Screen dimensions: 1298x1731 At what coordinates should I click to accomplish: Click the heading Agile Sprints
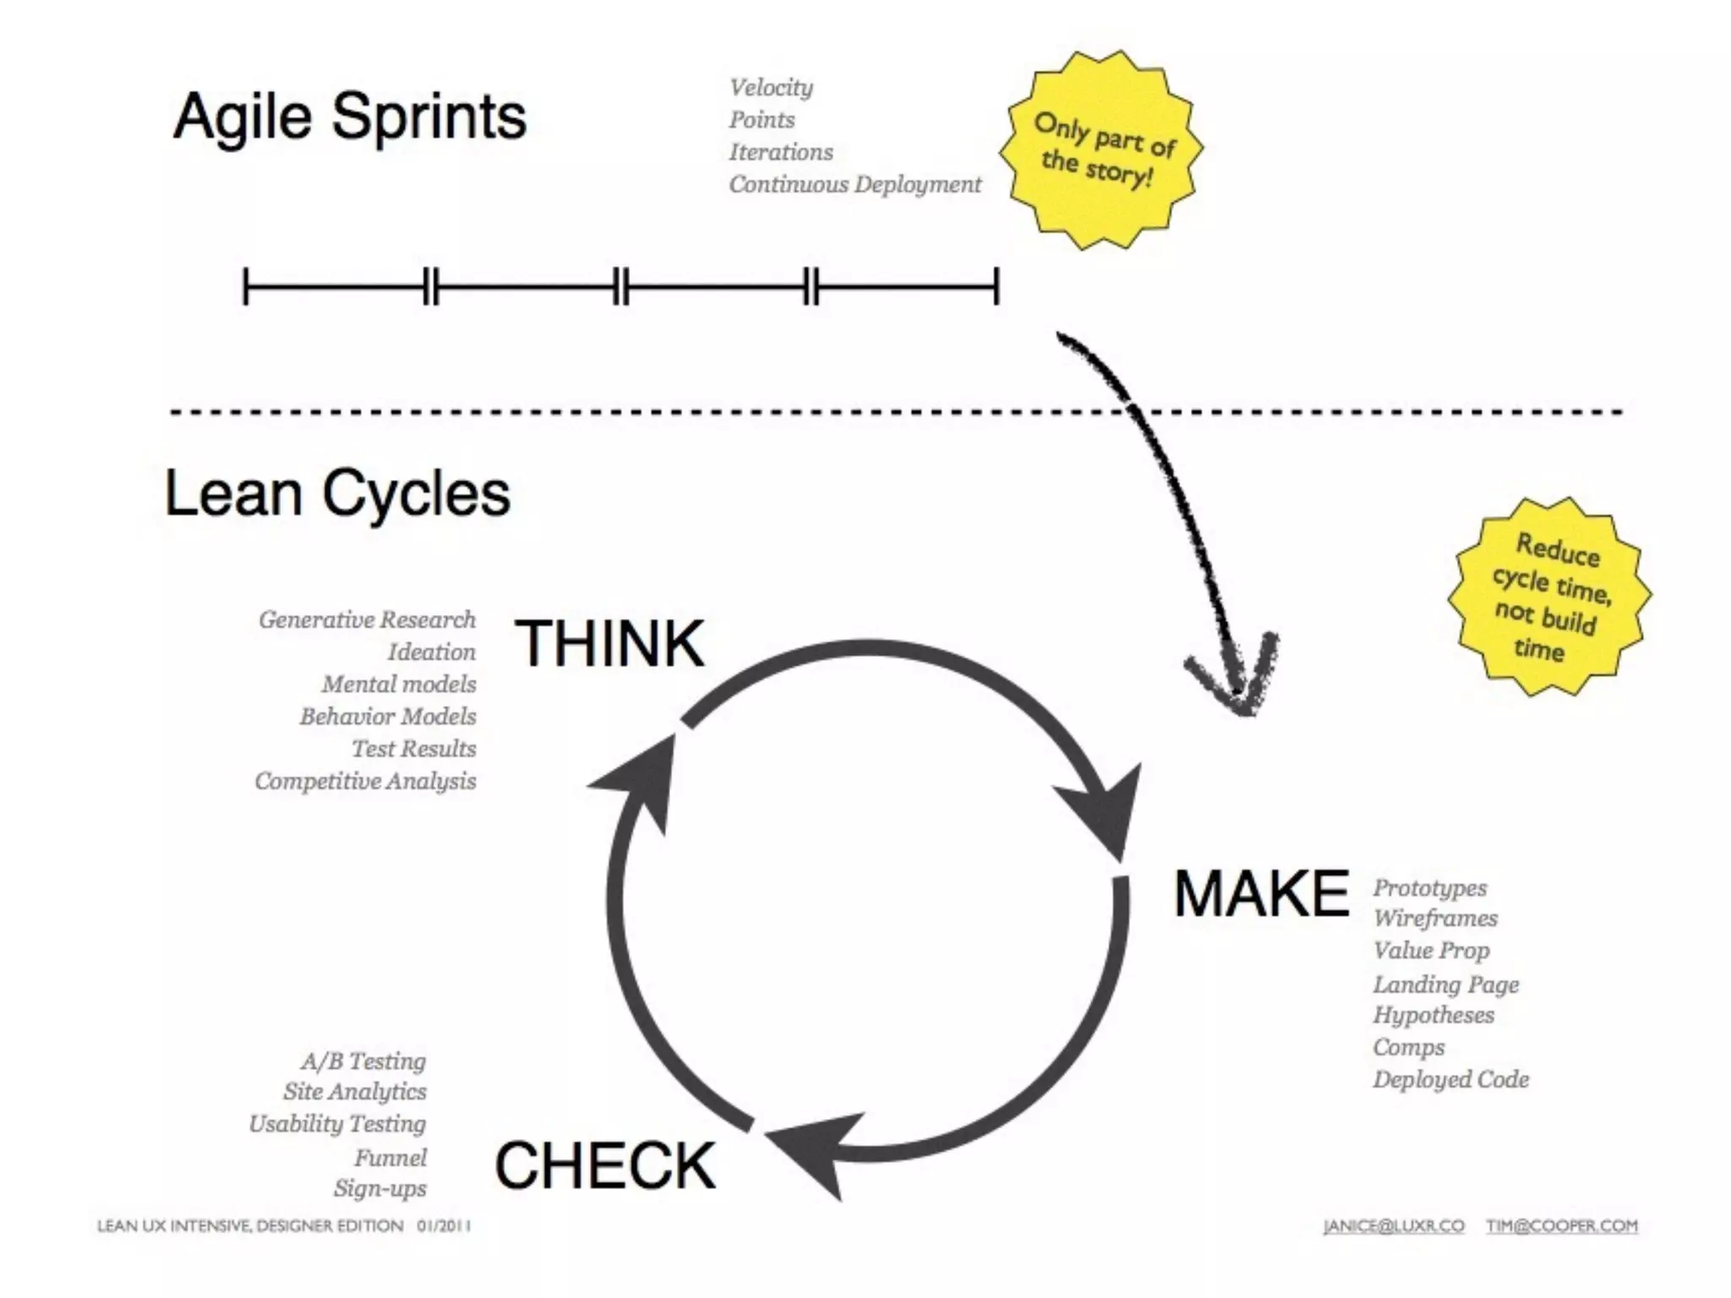[349, 117]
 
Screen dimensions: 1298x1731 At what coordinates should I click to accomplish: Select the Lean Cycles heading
[337, 494]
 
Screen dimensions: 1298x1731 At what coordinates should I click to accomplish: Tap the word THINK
[609, 644]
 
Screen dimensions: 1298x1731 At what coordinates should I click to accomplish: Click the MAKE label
[1261, 894]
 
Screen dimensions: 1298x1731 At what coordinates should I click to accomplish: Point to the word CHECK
[605, 1165]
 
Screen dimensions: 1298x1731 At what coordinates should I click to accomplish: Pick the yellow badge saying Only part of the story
[1100, 150]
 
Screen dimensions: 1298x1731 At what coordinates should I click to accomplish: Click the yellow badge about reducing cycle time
[1549, 597]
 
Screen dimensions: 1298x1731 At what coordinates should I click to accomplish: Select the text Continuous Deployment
[855, 184]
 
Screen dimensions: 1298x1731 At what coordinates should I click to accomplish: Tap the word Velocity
[771, 87]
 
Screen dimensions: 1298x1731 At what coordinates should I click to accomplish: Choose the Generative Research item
[367, 619]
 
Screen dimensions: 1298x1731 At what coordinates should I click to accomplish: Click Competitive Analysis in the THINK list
[365, 781]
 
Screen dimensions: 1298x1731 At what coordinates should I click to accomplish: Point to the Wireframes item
[1434, 919]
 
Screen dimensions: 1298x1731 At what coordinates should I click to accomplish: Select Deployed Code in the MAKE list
[1450, 1079]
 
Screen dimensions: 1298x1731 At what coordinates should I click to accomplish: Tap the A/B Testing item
[363, 1061]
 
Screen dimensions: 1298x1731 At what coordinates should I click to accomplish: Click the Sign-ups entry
[380, 1188]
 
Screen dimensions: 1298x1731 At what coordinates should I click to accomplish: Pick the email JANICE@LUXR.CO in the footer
[1394, 1226]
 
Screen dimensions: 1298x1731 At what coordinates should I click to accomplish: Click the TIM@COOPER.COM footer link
[1562, 1226]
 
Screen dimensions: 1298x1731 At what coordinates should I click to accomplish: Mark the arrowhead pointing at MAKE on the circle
[1103, 815]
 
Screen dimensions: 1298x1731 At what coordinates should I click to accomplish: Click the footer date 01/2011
[444, 1226]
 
